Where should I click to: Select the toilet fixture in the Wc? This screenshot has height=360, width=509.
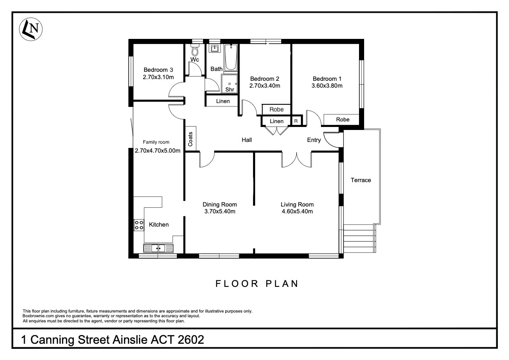[x=196, y=52]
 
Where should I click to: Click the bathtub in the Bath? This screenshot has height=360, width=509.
[x=231, y=58]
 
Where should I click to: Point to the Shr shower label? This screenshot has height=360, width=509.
[x=229, y=89]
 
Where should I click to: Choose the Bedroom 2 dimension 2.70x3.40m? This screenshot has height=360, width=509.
[x=265, y=86]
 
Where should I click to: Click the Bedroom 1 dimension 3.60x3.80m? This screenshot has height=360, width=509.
[x=327, y=86]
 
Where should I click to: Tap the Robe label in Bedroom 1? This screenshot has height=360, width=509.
[x=342, y=120]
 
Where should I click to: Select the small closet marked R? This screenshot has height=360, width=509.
[x=296, y=121]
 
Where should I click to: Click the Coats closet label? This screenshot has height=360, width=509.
[x=191, y=139]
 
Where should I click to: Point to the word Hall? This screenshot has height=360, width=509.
[x=247, y=140]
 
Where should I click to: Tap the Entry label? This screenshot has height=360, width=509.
[x=314, y=140]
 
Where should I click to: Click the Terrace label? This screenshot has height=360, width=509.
[x=361, y=180]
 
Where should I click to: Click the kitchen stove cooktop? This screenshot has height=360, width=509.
[x=139, y=225]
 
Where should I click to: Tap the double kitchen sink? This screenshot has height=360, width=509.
[x=158, y=248]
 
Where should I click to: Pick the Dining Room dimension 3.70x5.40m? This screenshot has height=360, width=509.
[x=220, y=211]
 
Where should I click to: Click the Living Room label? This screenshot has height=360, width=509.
[x=297, y=204]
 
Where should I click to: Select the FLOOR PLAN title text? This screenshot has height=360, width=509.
[x=256, y=283]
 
